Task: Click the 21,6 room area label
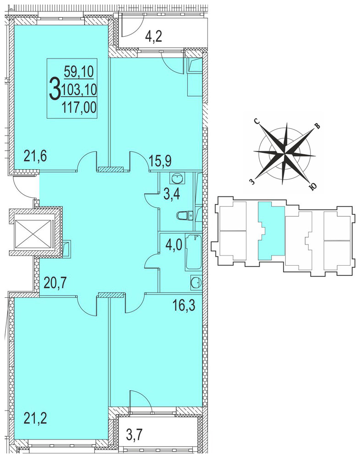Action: (x=35, y=157)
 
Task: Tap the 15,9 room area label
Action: (x=160, y=160)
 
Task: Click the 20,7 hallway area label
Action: (x=55, y=282)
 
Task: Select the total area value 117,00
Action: (x=79, y=109)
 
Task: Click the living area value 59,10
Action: (x=79, y=71)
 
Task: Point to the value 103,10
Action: (x=79, y=90)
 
